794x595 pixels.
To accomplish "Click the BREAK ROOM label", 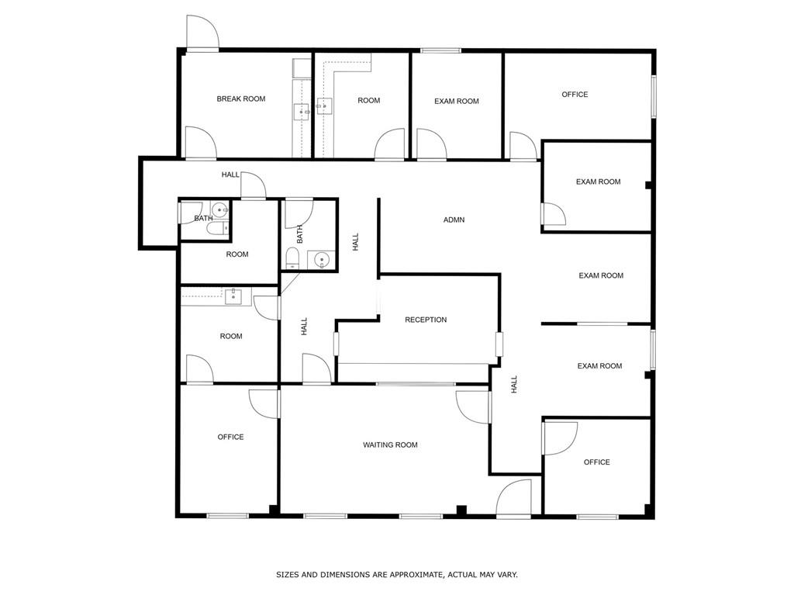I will (240, 99).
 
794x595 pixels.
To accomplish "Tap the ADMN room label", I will (454, 220).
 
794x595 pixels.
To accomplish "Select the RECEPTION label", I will (426, 320).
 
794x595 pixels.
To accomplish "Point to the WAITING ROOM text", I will (390, 445).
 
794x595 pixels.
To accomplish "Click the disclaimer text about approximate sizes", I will (397, 575).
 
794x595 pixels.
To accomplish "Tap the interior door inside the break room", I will (199, 144).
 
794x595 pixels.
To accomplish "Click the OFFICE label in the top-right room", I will (575, 95).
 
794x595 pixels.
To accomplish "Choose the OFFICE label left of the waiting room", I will (230, 438).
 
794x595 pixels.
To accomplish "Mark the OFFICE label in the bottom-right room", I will (596, 462).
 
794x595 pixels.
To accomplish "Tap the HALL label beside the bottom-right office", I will (514, 385).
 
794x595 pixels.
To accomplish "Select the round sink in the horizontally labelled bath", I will (219, 209).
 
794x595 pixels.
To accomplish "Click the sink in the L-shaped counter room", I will (324, 106).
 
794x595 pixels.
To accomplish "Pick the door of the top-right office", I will (523, 147).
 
